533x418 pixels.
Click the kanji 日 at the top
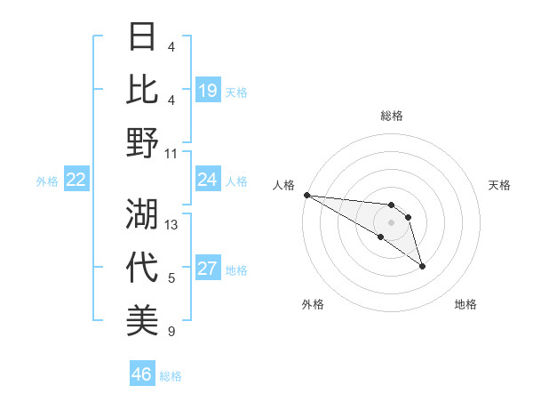click(x=143, y=36)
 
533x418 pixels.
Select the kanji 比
click(x=143, y=89)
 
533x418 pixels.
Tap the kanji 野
click(x=143, y=142)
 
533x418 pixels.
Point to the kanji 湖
click(x=143, y=213)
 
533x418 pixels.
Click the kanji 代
click(x=143, y=267)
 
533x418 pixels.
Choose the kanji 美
click(x=143, y=320)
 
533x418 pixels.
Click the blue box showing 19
click(x=208, y=90)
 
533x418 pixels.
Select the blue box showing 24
click(x=208, y=180)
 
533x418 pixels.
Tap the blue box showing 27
click(x=208, y=269)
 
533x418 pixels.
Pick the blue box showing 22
click(x=76, y=180)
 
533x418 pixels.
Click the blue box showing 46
click(x=142, y=374)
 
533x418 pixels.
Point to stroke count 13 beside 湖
click(x=172, y=225)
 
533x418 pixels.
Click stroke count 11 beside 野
click(x=172, y=154)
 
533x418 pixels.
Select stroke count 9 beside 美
click(x=171, y=332)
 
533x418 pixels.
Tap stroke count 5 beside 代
click(x=171, y=278)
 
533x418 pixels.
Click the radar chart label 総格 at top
click(x=392, y=116)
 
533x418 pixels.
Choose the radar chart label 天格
click(x=500, y=185)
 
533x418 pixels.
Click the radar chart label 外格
click(x=313, y=304)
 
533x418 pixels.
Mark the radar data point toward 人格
click(x=306, y=195)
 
